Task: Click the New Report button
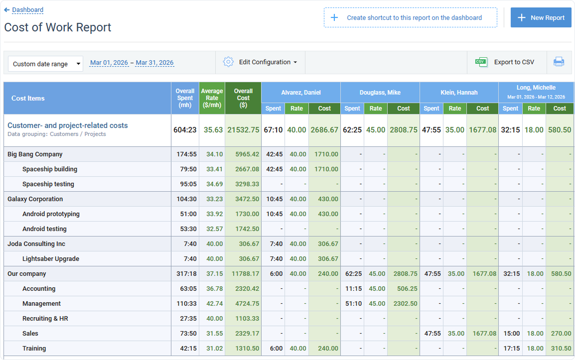(541, 17)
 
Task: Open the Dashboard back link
(27, 10)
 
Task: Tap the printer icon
(559, 62)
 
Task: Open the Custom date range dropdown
(45, 64)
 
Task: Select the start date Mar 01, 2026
(109, 63)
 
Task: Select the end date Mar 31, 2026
(154, 63)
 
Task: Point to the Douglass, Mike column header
(380, 92)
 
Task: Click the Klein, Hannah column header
(459, 92)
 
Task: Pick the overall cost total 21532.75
(243, 130)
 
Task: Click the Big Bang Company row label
(35, 154)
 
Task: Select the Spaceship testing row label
(48, 184)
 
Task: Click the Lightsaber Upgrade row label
(51, 259)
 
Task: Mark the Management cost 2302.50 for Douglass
(404, 304)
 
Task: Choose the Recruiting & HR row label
(45, 319)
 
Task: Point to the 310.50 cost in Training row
(560, 349)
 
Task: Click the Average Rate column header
(212, 98)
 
